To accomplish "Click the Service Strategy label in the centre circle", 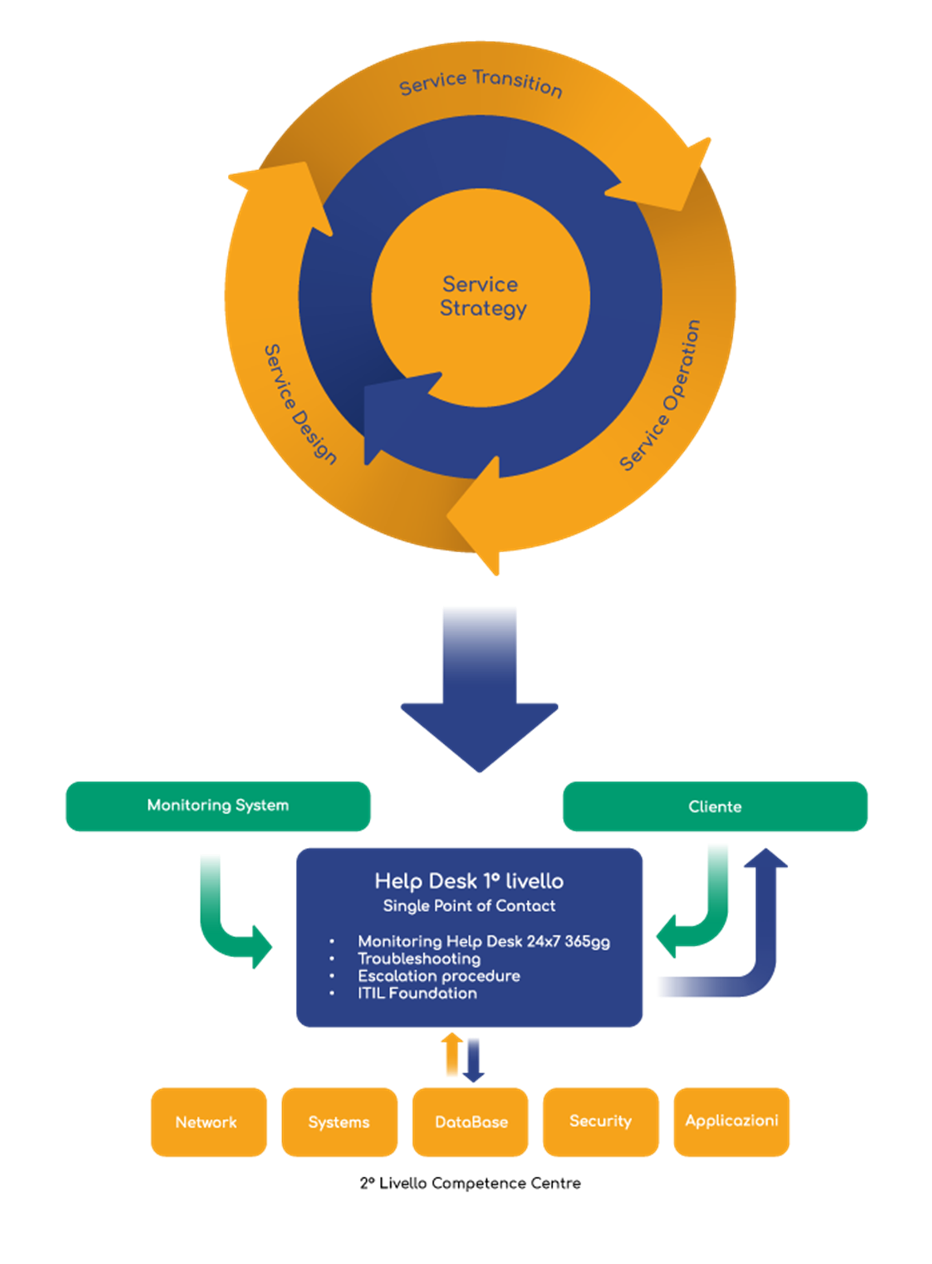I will pos(482,296).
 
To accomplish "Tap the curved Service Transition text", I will pos(480,82).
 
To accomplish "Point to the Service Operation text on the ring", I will pos(660,395).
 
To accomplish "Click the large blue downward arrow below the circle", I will pos(480,686).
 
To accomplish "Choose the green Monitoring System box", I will pos(218,806).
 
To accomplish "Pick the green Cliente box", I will pos(715,806).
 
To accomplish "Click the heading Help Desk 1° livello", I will pos(469,881).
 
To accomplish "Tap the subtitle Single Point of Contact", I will pos(469,906).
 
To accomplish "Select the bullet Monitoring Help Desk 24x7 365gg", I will pos(483,941).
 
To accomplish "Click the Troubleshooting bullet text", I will pos(419,959).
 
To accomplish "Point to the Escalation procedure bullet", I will pos(439,976).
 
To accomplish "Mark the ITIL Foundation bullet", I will pos(417,993).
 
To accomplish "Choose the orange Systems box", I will pos(339,1122).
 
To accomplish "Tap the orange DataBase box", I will pos(471,1122).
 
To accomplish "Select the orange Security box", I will pos(601,1121).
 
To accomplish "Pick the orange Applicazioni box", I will pos(731,1121).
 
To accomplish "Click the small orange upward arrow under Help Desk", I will pos(452,1054).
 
